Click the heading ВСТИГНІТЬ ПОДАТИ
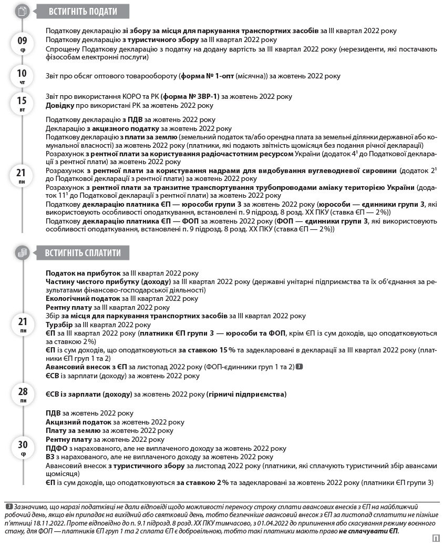[83, 12]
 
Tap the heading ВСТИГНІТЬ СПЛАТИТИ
[83, 253]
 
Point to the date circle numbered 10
[22, 76]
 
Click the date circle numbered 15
[22, 103]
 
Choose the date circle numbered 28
[22, 394]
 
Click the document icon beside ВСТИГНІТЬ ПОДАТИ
[22, 12]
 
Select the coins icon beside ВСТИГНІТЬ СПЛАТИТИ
[22, 253]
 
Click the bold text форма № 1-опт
[204, 76]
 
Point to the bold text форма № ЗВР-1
[191, 97]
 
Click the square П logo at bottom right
[436, 538]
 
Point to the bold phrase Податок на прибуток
[83, 274]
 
